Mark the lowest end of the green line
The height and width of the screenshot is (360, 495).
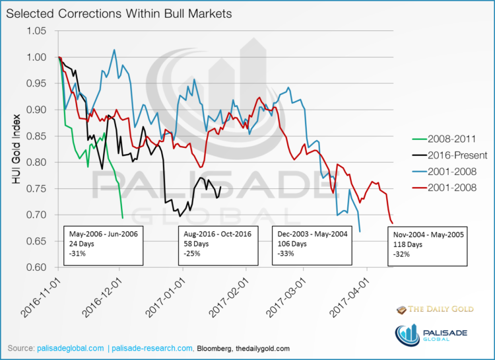coord(122,217)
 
